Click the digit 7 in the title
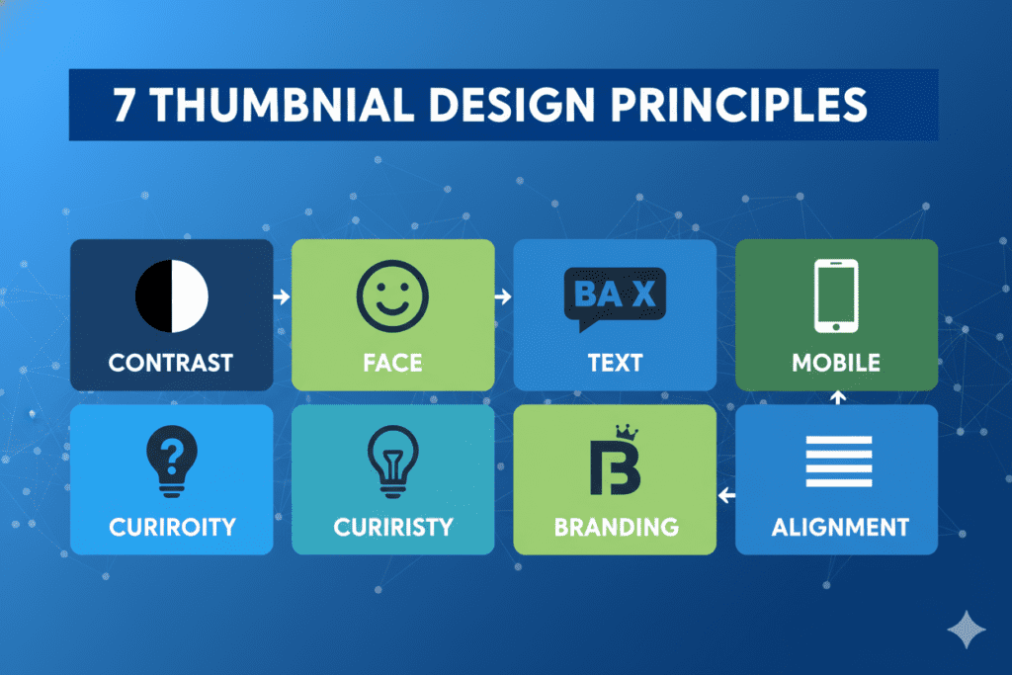click(124, 105)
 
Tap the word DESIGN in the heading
click(512, 105)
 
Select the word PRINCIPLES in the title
click(739, 105)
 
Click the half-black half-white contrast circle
click(172, 296)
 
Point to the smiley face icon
click(392, 296)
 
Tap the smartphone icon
click(836, 295)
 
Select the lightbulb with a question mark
click(172, 461)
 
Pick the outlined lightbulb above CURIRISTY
click(393, 461)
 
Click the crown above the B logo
click(627, 432)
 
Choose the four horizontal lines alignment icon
click(839, 462)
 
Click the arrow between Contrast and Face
click(282, 296)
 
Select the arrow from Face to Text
click(503, 296)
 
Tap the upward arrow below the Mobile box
click(838, 397)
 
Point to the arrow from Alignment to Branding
click(726, 495)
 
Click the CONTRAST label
click(171, 363)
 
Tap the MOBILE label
click(836, 363)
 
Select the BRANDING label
click(617, 527)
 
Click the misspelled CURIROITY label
click(172, 527)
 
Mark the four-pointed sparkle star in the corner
click(967, 630)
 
